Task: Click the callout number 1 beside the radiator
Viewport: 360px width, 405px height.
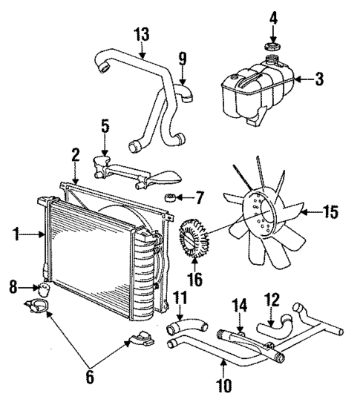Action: pos(16,235)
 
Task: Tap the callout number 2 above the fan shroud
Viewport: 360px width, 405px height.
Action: pos(76,154)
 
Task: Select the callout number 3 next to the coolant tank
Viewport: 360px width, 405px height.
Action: pos(318,78)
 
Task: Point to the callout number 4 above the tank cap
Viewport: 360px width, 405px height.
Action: pos(273,16)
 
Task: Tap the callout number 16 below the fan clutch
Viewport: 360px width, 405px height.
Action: pos(196,281)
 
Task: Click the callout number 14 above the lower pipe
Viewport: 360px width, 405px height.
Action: pos(240,304)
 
